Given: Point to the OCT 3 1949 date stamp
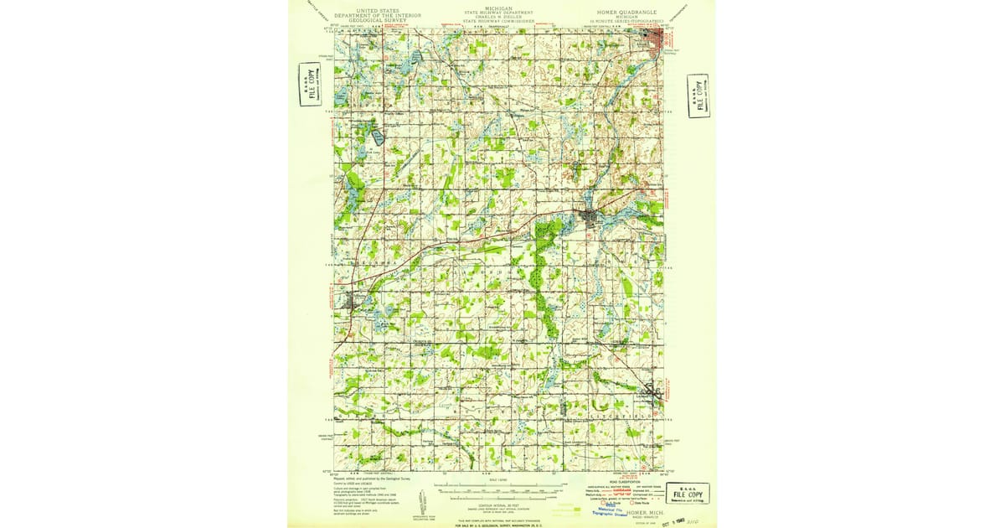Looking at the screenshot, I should [672, 520].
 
